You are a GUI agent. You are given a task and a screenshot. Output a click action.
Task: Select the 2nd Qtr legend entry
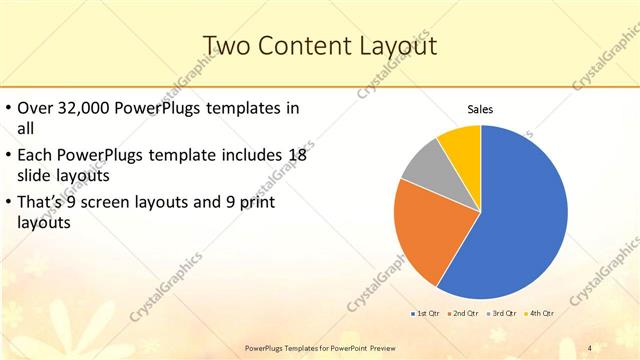pos(463,314)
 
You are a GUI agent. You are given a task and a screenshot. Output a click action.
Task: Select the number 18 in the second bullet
pos(297,155)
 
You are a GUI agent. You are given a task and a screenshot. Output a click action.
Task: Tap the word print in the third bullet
pos(259,203)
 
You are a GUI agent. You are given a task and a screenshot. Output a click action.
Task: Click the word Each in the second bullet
pos(37,155)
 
